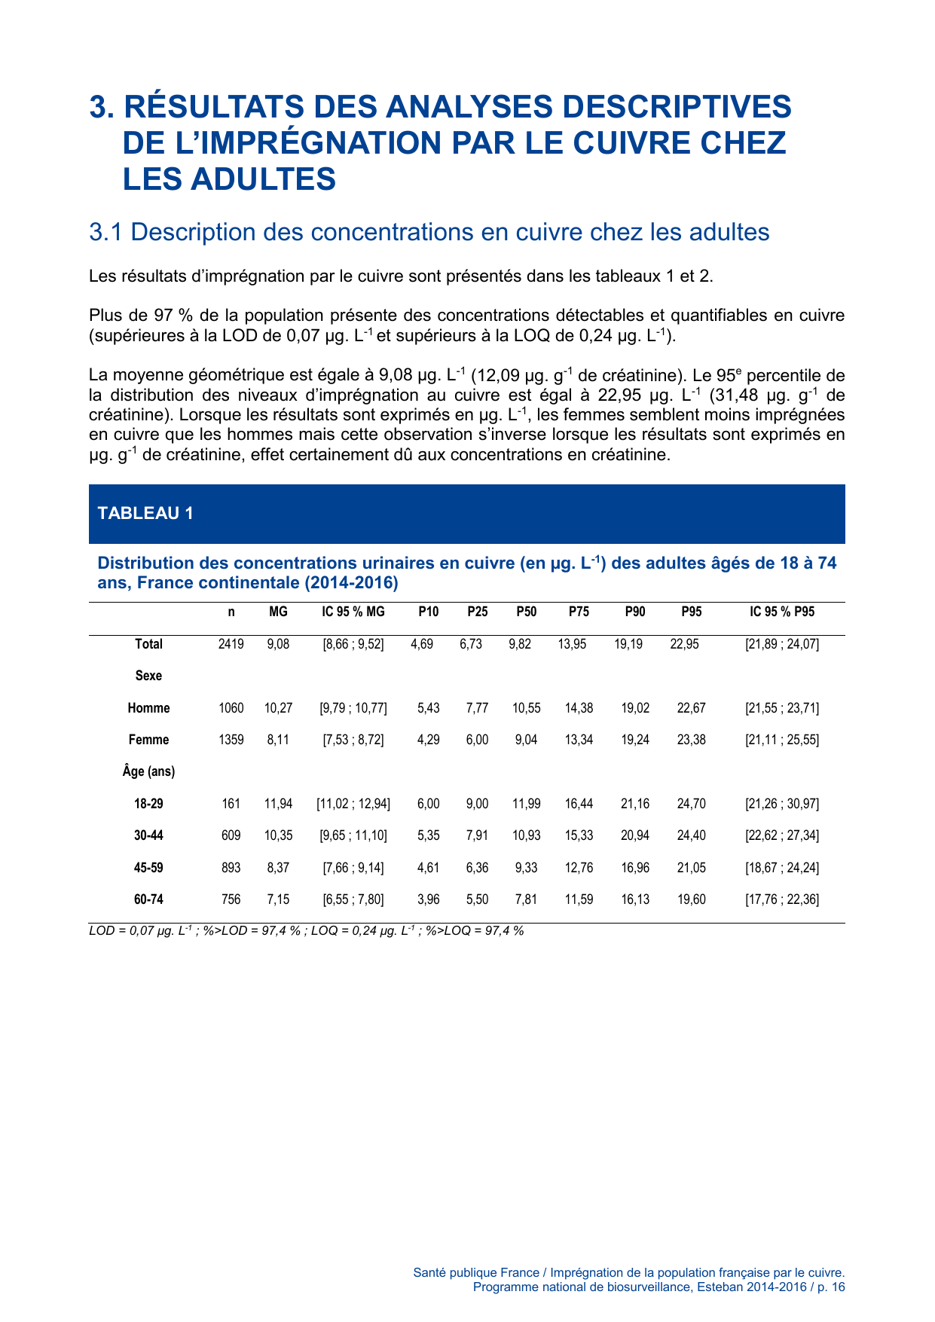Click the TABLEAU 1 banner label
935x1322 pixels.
point(145,513)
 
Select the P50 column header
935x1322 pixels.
point(527,612)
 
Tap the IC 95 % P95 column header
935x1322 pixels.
point(782,612)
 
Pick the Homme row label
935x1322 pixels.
point(148,708)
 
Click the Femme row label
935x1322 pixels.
point(148,740)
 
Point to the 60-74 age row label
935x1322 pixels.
point(148,899)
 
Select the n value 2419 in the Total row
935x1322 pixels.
point(231,644)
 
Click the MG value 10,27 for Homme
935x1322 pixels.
point(278,708)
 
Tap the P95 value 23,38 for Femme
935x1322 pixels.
point(691,740)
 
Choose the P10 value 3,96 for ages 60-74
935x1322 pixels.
point(428,899)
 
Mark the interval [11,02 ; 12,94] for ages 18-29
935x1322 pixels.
point(353,804)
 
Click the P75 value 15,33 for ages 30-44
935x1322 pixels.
point(579,835)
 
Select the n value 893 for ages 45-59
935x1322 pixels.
point(231,868)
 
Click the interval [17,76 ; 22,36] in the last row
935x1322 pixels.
point(782,899)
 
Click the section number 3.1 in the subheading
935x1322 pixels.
point(105,232)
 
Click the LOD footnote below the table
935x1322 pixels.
point(306,931)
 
